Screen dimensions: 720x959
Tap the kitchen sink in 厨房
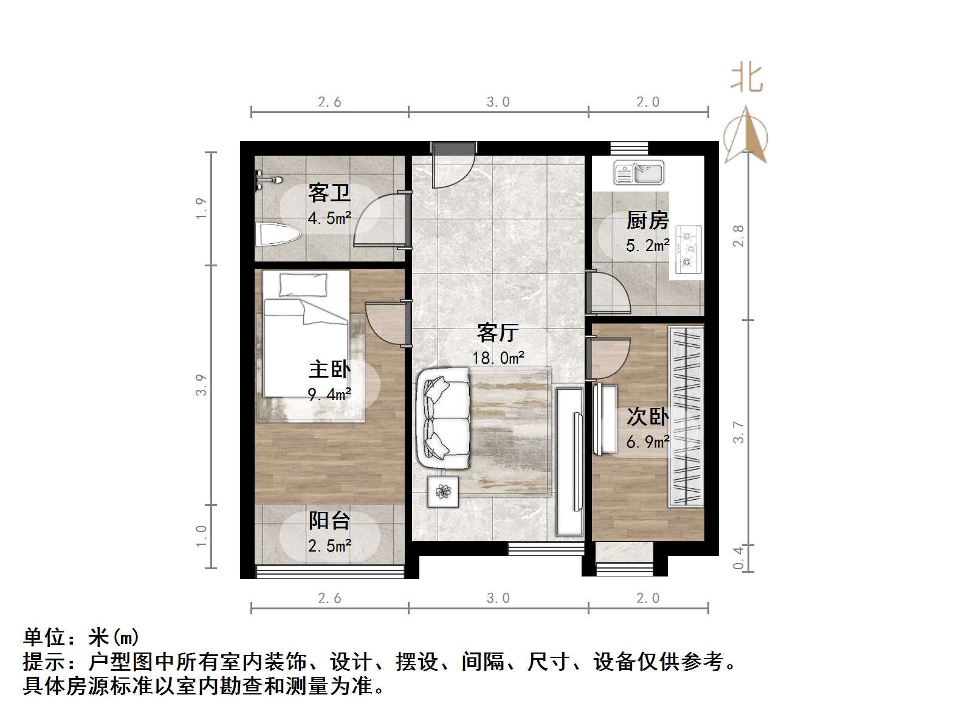click(x=638, y=172)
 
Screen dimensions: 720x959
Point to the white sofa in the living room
click(x=444, y=418)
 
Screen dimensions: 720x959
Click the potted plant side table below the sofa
click(x=443, y=491)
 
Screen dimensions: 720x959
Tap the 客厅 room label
click(x=497, y=333)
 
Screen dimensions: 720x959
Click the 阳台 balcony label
click(x=329, y=521)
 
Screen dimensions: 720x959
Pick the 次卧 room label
click(x=648, y=417)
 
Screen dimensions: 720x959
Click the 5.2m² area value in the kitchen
click(x=648, y=246)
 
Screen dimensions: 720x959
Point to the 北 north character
click(x=746, y=79)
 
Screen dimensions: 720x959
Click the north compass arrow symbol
click(x=746, y=135)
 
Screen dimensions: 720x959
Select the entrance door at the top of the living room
click(x=453, y=165)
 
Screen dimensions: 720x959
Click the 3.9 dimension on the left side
click(x=202, y=385)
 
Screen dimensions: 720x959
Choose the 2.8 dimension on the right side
click(x=738, y=236)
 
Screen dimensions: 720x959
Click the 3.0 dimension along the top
click(x=498, y=102)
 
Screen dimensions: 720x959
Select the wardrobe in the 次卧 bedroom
click(x=686, y=417)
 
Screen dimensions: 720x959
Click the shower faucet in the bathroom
click(x=268, y=180)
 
